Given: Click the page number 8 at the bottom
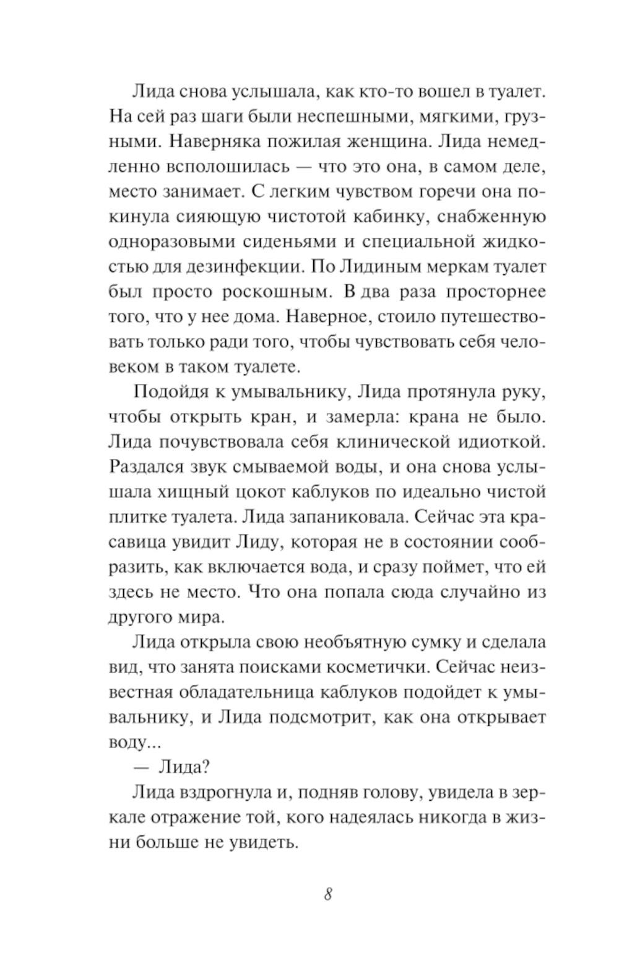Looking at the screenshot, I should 328,894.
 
